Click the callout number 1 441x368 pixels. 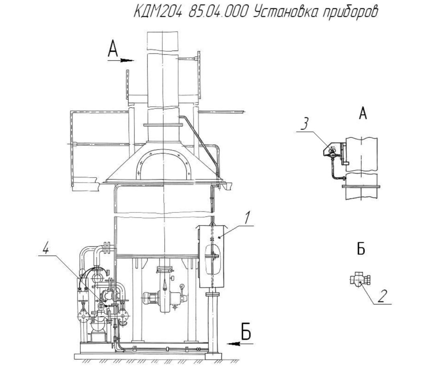[x=247, y=218]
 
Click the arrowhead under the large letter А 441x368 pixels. [x=127, y=61]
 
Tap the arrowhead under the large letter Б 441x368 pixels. [x=234, y=350]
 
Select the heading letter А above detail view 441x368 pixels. [x=363, y=113]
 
